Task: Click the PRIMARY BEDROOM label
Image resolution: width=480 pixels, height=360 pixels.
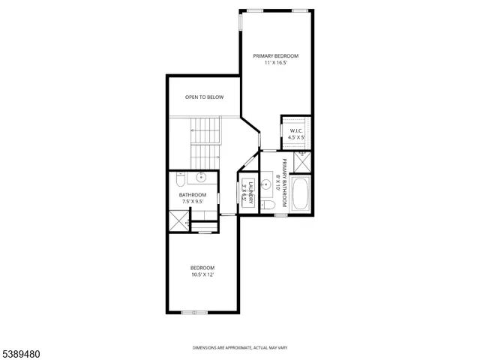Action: (275, 56)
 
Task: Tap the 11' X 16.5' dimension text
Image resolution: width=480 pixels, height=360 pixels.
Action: (275, 64)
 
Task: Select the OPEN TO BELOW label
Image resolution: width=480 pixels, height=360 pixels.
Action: (204, 97)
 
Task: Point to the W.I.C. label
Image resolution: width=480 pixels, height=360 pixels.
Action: (296, 131)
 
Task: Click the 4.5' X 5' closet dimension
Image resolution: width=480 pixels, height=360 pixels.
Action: (296, 138)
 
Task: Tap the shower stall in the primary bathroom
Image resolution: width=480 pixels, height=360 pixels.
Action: (303, 162)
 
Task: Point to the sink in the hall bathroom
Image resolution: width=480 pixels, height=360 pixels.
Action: (201, 178)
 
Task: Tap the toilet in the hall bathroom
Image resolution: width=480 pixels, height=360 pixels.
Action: (180, 181)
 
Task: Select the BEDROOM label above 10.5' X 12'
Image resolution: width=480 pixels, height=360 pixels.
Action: (202, 268)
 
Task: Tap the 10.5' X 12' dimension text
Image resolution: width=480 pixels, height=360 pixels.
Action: (202, 275)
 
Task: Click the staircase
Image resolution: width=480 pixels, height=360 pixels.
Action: (205, 142)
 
